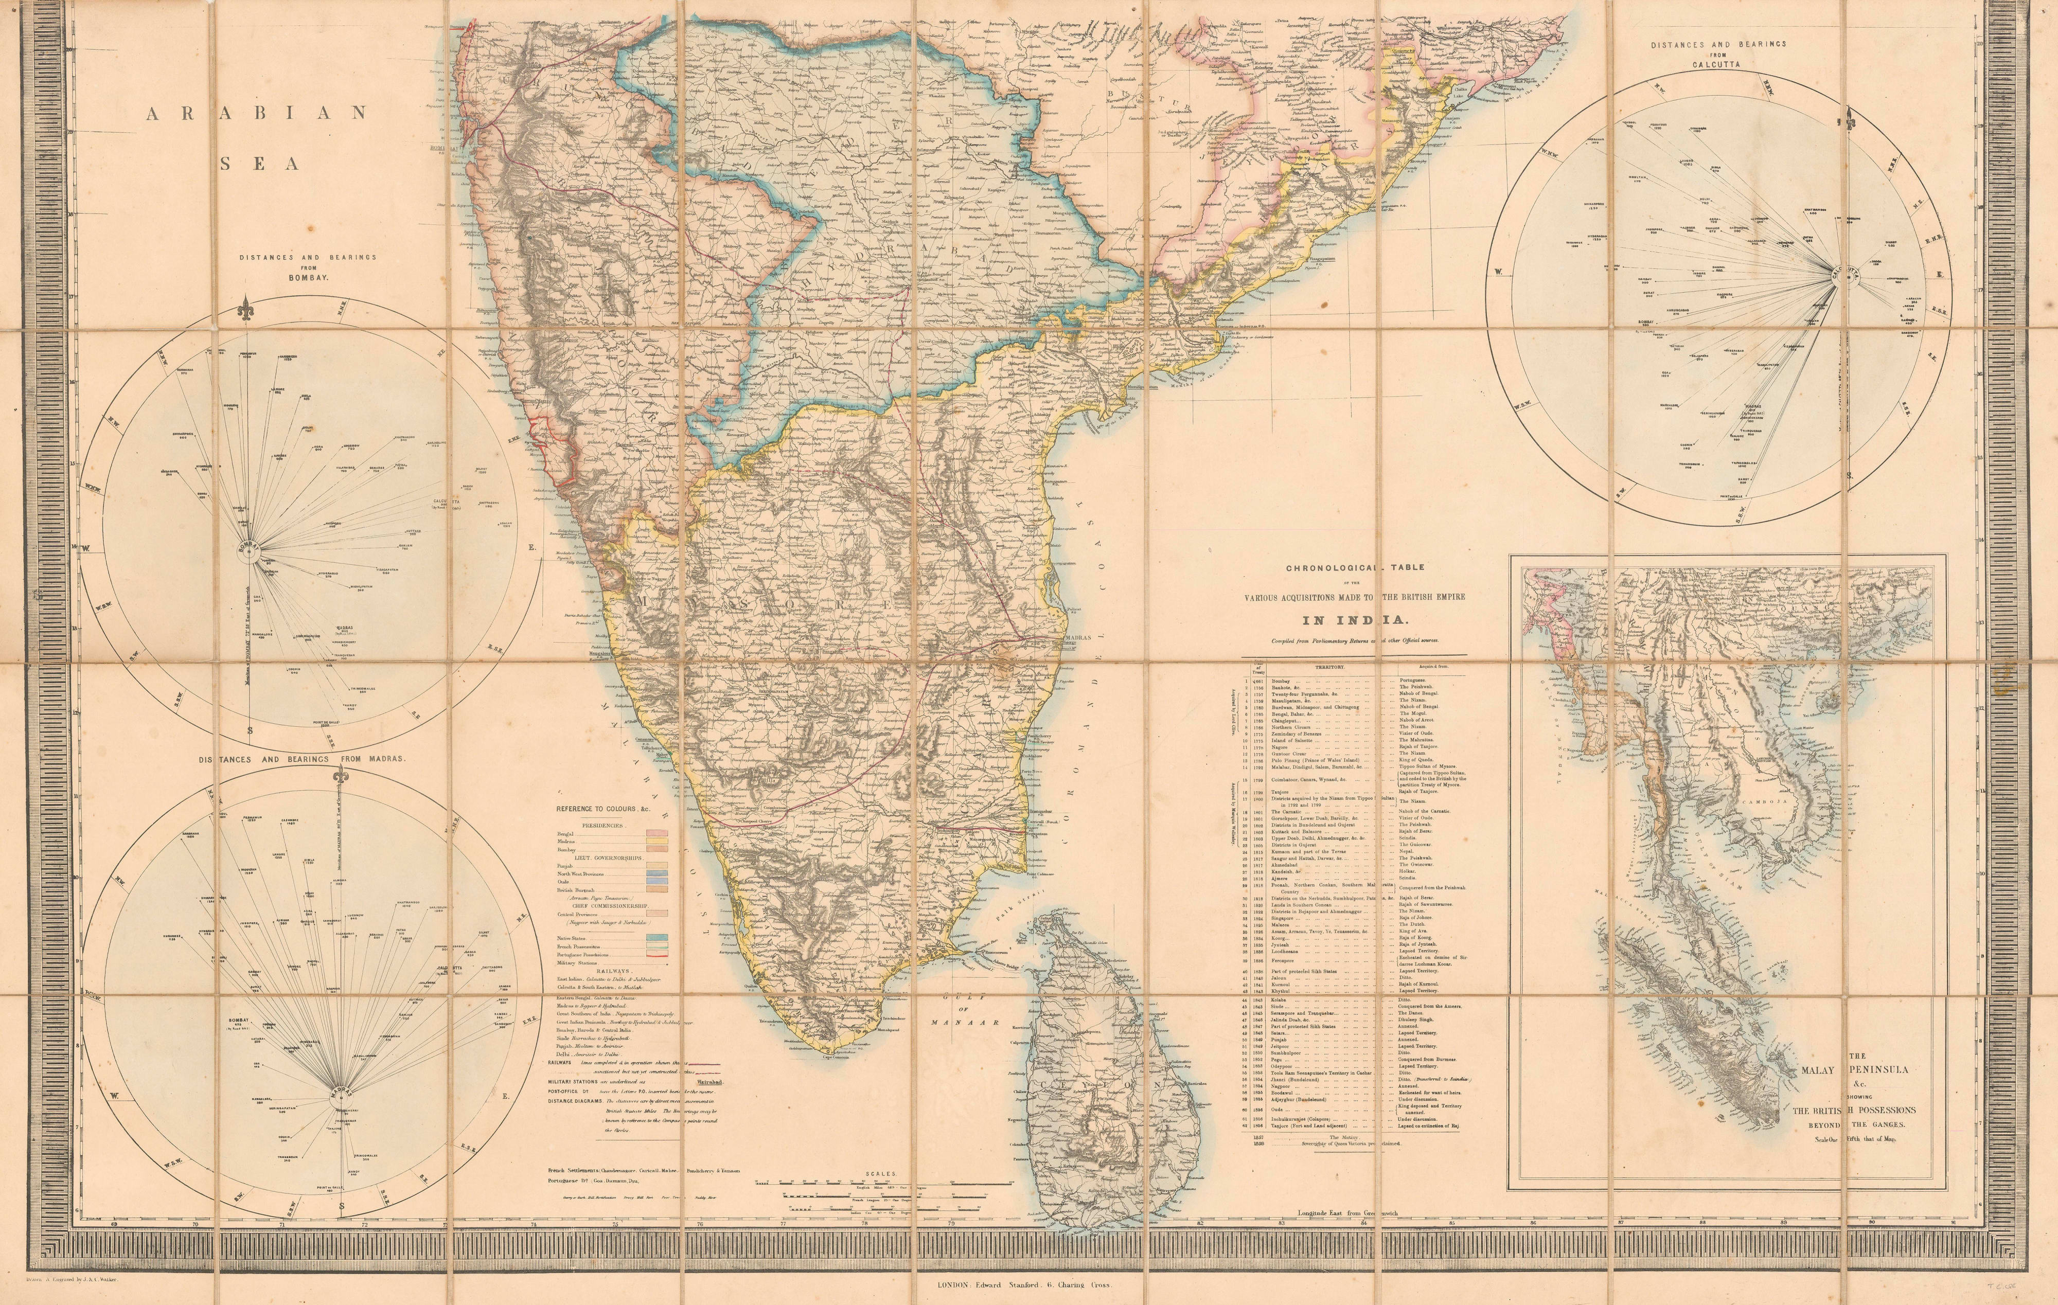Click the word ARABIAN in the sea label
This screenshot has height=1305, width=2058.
coord(256,113)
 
